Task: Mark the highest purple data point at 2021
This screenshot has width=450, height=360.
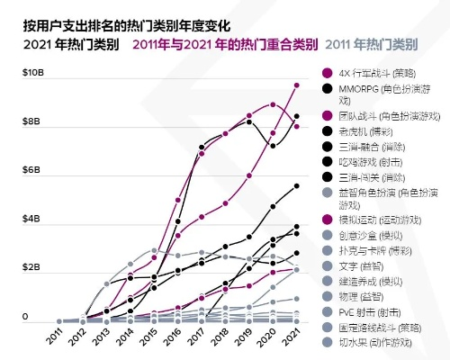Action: pyautogui.click(x=297, y=85)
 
